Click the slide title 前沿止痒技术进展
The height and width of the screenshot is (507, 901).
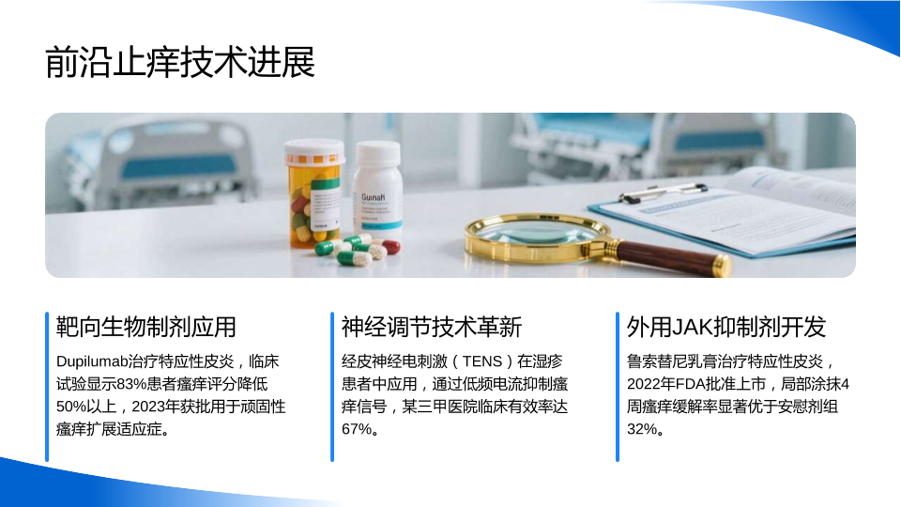(x=180, y=62)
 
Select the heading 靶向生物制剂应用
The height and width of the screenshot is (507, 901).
(x=146, y=327)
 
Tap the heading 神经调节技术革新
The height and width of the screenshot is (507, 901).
(x=432, y=327)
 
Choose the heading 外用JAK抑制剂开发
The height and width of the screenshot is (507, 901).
(x=726, y=327)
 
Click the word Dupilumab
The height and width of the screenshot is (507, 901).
(x=91, y=361)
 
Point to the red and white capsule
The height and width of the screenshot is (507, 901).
(x=387, y=247)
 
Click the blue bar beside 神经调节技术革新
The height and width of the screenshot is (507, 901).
(x=332, y=387)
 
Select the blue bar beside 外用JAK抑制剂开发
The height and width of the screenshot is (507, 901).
(x=618, y=387)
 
